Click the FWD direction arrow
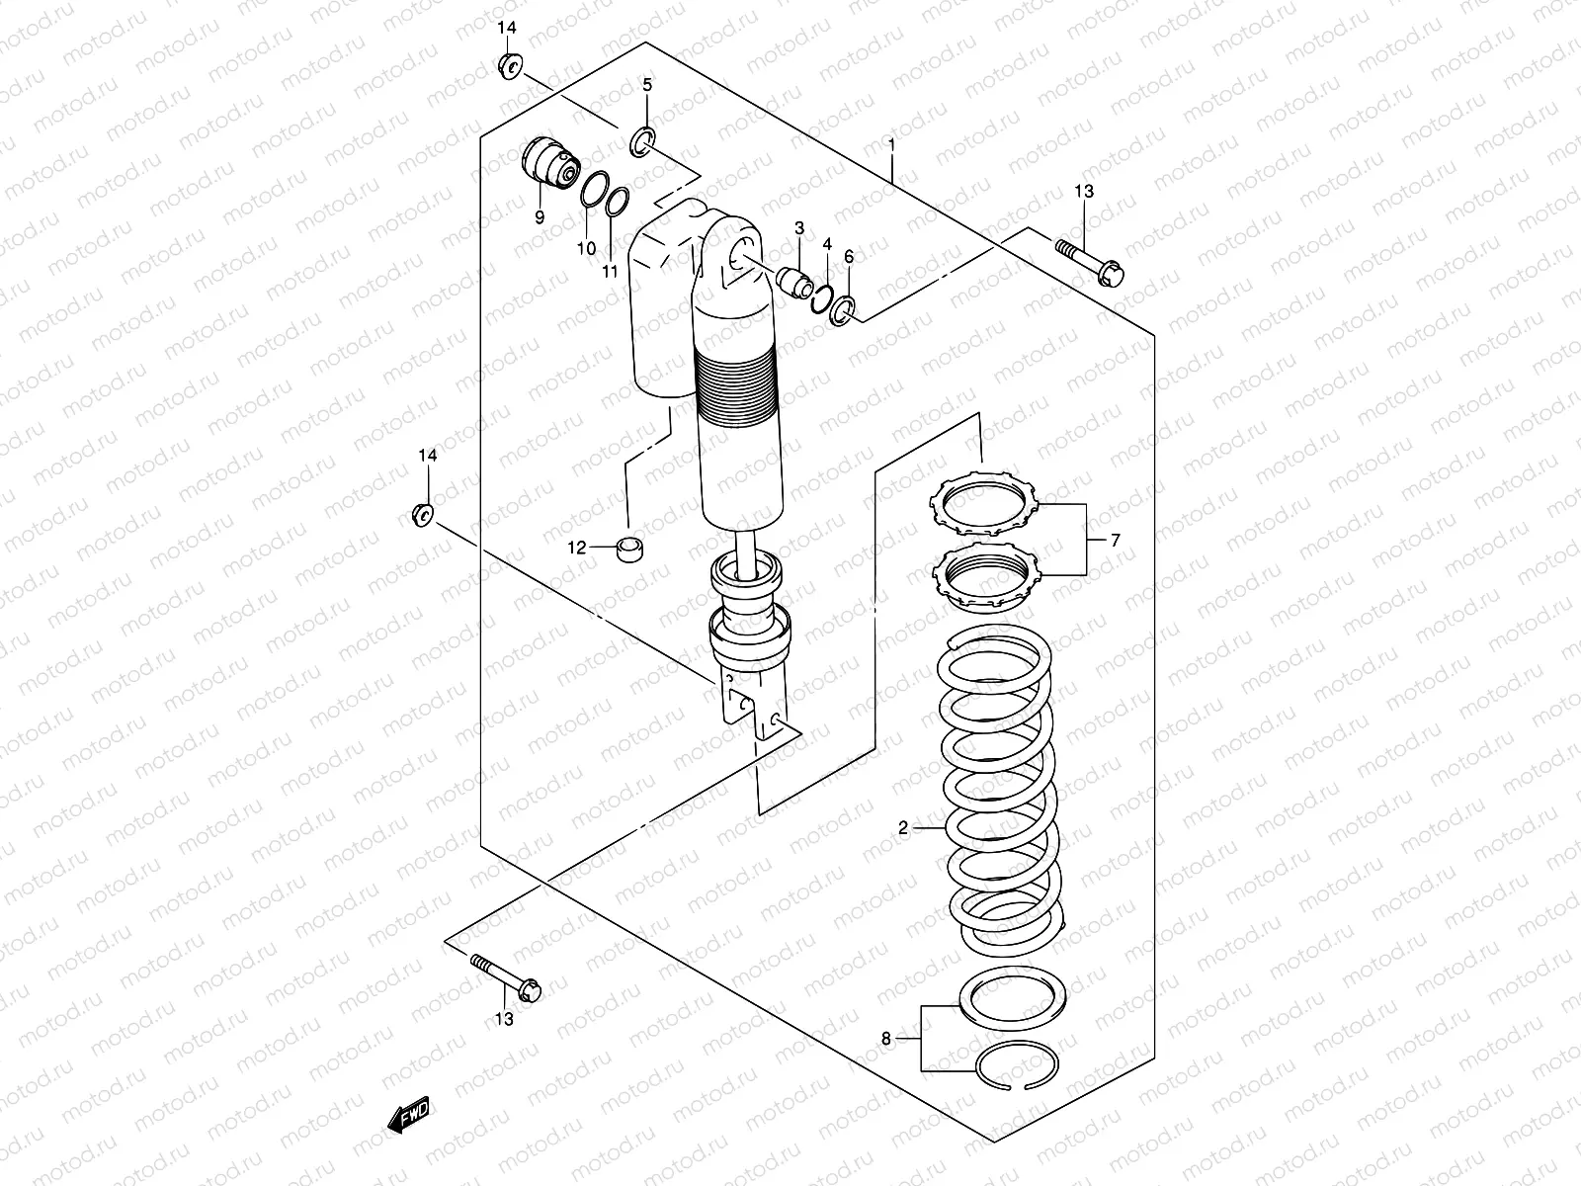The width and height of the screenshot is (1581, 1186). [409, 1117]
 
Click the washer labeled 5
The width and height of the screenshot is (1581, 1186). [641, 141]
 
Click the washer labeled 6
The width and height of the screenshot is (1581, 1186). [843, 310]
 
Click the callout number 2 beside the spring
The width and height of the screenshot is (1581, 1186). [903, 828]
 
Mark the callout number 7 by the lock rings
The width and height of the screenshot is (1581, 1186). [1115, 540]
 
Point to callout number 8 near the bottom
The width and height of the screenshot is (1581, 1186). [886, 1038]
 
